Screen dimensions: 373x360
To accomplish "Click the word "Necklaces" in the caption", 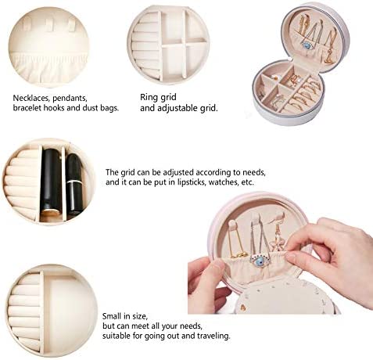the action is pyautogui.click(x=31, y=98).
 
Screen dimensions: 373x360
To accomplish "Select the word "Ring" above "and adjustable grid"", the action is pyautogui.click(x=149, y=98).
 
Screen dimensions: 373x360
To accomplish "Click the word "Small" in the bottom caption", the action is pyautogui.click(x=112, y=316).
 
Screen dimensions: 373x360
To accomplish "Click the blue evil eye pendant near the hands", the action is pyautogui.click(x=260, y=261).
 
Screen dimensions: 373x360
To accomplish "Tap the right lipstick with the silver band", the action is pyautogui.click(x=74, y=185).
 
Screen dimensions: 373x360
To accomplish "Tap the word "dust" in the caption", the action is pyautogui.click(x=91, y=108).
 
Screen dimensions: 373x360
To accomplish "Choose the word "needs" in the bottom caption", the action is pyautogui.click(x=191, y=326).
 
